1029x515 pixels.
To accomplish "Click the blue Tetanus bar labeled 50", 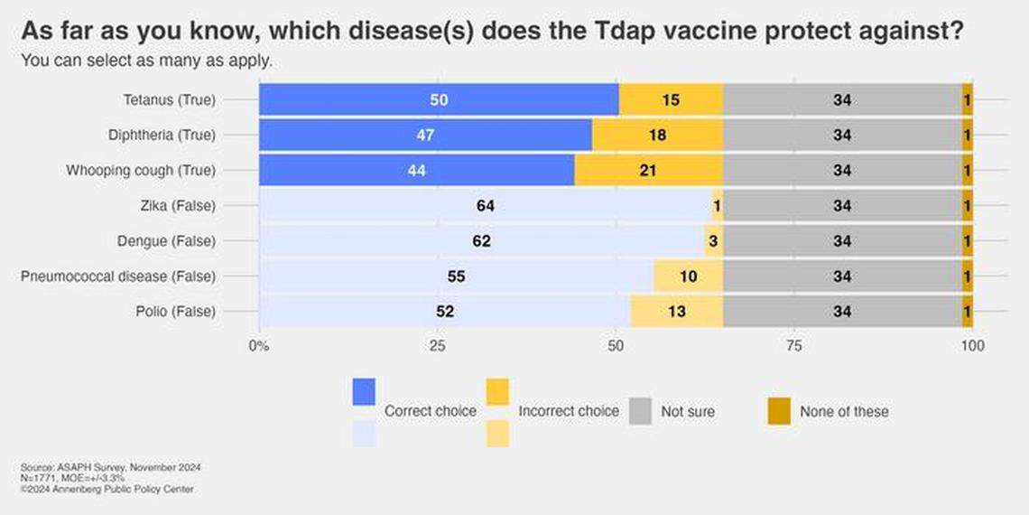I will (439, 100).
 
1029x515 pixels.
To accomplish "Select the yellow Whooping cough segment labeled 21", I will (648, 171).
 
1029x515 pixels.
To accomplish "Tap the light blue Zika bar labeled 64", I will (485, 206).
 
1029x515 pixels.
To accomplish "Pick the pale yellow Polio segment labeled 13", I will (676, 312).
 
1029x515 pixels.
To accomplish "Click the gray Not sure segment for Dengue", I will (842, 241).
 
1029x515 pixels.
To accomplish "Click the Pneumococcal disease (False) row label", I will (118, 276).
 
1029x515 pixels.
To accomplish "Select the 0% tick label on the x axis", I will (259, 346).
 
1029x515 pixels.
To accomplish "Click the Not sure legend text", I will (687, 411).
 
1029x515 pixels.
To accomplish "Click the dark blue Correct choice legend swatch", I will (364, 392).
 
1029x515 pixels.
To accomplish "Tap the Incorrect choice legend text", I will (569, 411).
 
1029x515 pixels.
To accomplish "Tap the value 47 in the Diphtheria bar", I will (424, 136).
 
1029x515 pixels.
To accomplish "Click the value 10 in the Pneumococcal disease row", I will (687, 276).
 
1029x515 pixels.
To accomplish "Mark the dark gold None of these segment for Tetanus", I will (967, 100).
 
